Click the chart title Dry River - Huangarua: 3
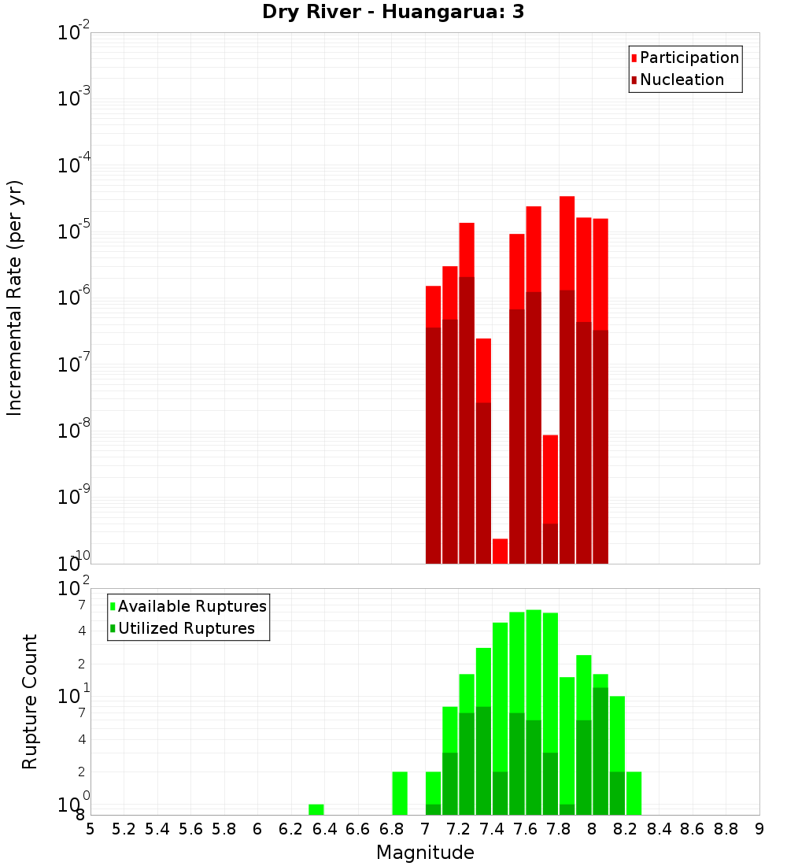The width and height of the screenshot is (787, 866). [393, 12]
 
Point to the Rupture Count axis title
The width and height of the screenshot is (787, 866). [30, 701]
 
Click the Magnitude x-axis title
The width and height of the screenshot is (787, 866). [425, 853]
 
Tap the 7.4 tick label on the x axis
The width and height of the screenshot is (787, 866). [492, 829]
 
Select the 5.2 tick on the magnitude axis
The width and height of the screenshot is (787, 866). [124, 829]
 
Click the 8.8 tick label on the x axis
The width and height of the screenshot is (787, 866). [726, 829]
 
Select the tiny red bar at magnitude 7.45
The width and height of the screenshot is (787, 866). [500, 550]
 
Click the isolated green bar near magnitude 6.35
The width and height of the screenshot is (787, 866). [316, 809]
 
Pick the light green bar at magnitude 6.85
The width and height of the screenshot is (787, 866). [400, 793]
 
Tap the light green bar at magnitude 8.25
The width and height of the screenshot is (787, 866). [634, 793]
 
